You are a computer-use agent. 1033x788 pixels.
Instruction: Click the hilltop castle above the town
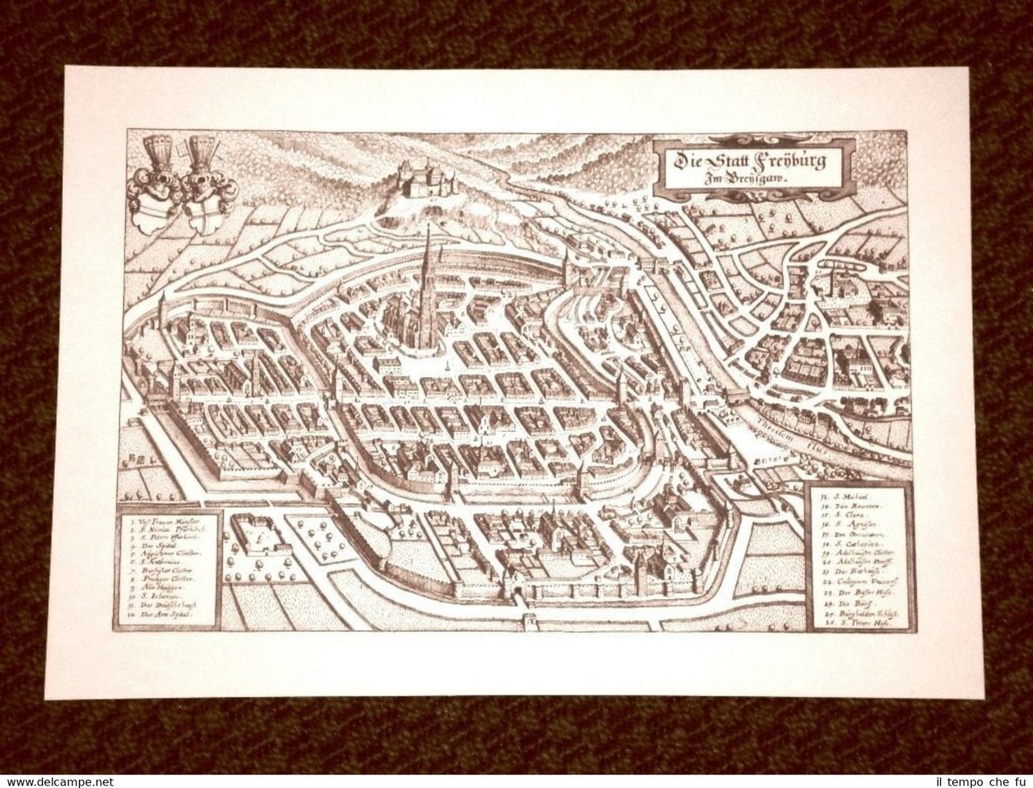[420, 179]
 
